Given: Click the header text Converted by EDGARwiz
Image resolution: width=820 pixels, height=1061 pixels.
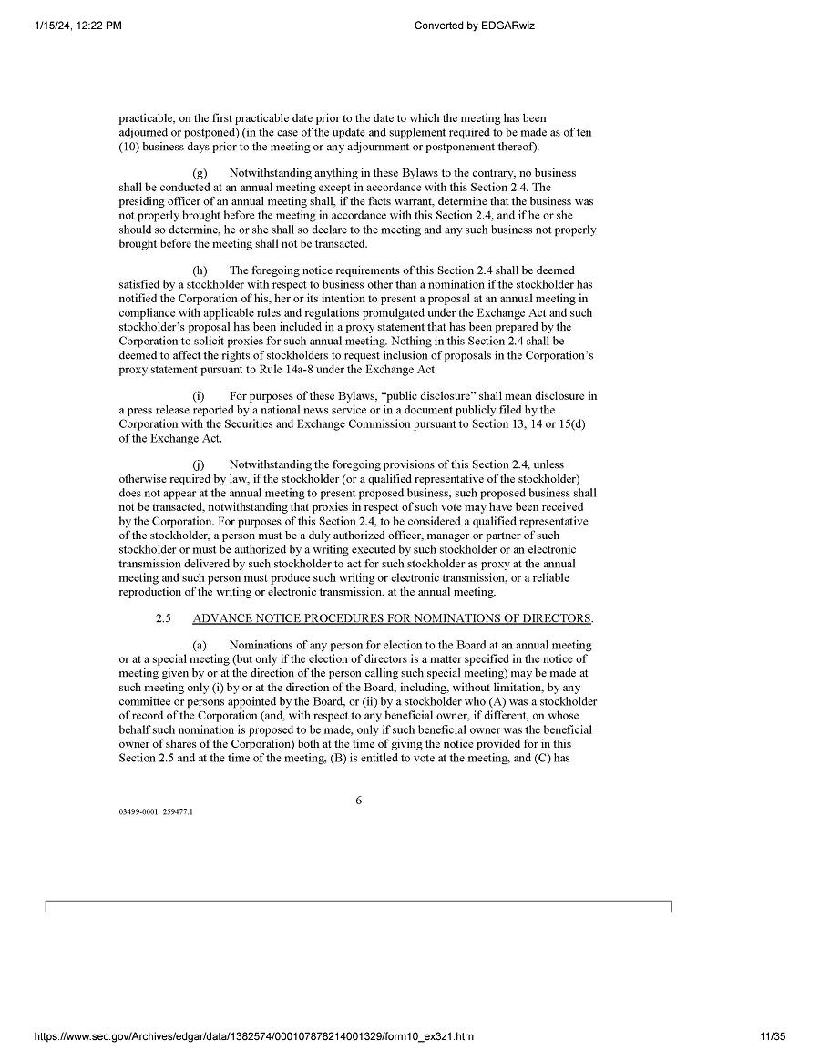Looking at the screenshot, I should pyautogui.click(x=474, y=26).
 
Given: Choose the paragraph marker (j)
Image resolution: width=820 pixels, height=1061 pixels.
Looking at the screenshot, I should pyautogui.click(x=199, y=464).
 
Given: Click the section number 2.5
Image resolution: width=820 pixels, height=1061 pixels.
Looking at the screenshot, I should pyautogui.click(x=163, y=618).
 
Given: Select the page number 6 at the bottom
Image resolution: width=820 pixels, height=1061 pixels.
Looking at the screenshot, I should pyautogui.click(x=358, y=800).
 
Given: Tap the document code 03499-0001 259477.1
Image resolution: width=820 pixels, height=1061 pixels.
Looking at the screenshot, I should pyautogui.click(x=155, y=811).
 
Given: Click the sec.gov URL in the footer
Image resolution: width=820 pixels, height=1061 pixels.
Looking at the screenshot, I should pyautogui.click(x=253, y=1036).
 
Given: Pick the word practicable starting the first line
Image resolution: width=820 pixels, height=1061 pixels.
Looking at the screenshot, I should pyautogui.click(x=146, y=118).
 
